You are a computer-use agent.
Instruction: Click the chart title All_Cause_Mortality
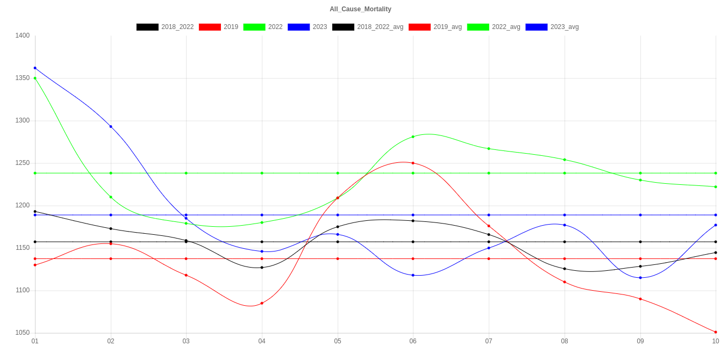pyautogui.click(x=360, y=9)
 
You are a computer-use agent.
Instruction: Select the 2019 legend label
pyautogui.click(x=231, y=27)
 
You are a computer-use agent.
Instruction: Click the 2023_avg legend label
pyautogui.click(x=564, y=27)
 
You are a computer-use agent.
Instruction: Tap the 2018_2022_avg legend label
pyautogui.click(x=380, y=27)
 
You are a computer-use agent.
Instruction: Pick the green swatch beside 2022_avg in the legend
pyautogui.click(x=478, y=27)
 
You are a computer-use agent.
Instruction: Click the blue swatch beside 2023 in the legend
pyautogui.click(x=299, y=27)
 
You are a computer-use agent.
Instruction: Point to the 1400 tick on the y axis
pyautogui.click(x=22, y=35)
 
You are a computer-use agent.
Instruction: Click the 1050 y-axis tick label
pyautogui.click(x=22, y=333)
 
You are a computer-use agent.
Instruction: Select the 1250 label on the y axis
pyautogui.click(x=22, y=163)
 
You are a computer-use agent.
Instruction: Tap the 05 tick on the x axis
pyautogui.click(x=338, y=341)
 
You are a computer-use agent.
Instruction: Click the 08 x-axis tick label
pyautogui.click(x=565, y=341)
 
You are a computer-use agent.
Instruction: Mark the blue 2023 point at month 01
pyautogui.click(x=35, y=68)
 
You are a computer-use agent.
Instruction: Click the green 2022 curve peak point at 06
pyautogui.click(x=413, y=137)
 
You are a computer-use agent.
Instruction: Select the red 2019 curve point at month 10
pyautogui.click(x=716, y=332)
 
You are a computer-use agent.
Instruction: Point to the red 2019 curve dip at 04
pyautogui.click(x=262, y=304)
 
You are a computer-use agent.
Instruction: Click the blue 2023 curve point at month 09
pyautogui.click(x=640, y=278)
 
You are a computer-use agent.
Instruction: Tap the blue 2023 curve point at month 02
pyautogui.click(x=111, y=127)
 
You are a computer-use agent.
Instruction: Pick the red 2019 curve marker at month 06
pyautogui.click(x=413, y=163)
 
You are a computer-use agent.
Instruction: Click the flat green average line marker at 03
pyautogui.click(x=186, y=173)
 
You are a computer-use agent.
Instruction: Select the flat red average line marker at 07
pyautogui.click(x=489, y=258)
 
